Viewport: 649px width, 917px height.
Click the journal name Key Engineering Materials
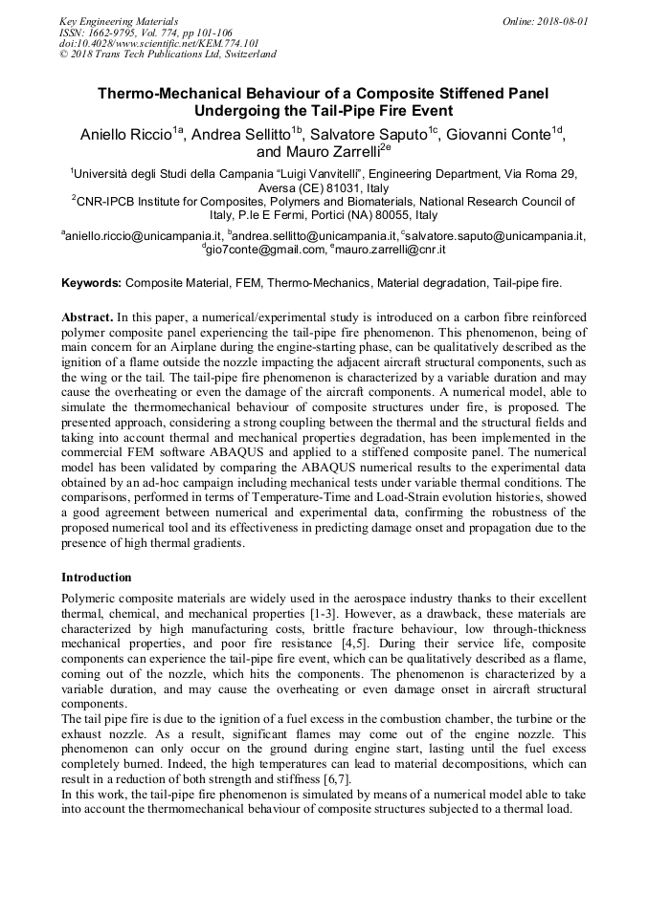(x=119, y=20)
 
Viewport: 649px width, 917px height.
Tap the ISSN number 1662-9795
(x=121, y=32)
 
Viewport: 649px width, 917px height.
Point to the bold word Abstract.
(x=87, y=317)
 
